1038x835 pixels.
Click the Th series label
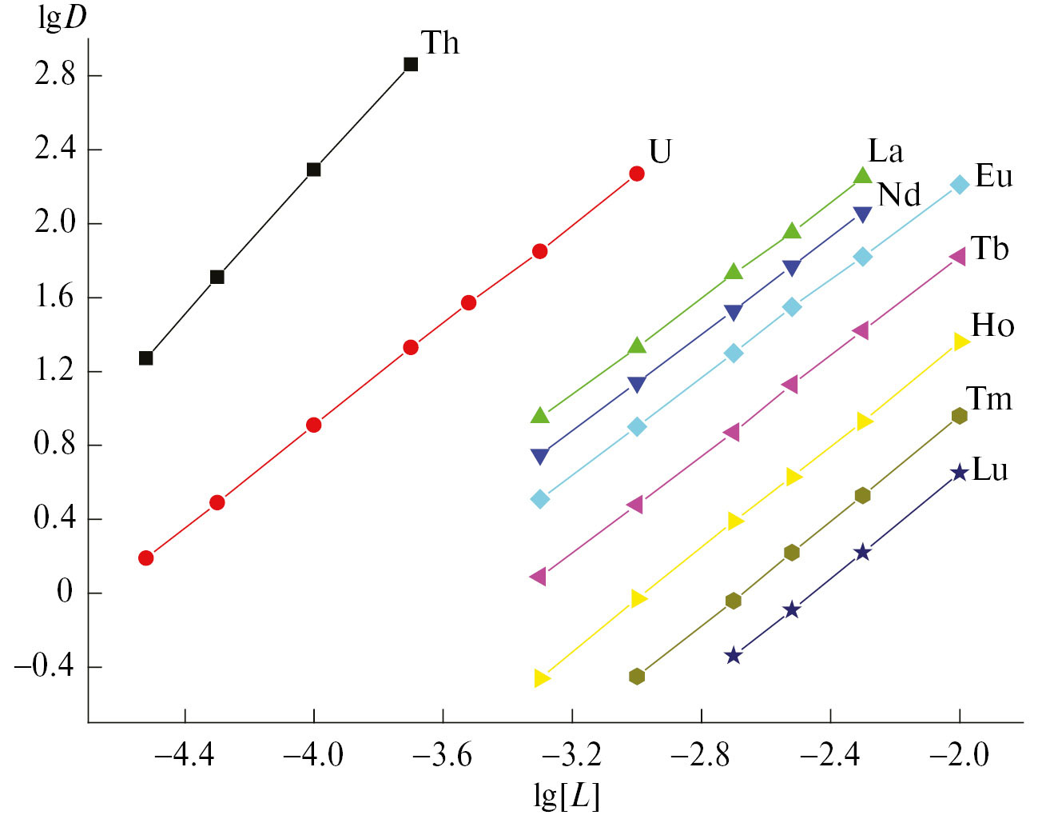(x=439, y=43)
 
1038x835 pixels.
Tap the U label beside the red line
(x=660, y=151)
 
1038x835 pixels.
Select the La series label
(x=885, y=151)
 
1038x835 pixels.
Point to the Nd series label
(x=899, y=194)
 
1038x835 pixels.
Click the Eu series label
(x=994, y=176)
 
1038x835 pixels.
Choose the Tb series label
(x=990, y=249)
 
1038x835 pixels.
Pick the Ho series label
(x=992, y=326)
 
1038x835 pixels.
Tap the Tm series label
(x=989, y=398)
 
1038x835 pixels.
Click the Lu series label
(x=990, y=469)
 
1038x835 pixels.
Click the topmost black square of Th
(x=411, y=65)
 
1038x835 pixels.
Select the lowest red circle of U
(x=145, y=557)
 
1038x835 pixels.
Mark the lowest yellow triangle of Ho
(x=542, y=678)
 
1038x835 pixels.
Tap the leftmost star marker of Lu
(x=734, y=656)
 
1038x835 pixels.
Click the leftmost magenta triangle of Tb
(x=538, y=577)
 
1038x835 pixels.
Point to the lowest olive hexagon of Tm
(x=637, y=677)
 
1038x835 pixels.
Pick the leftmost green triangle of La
(x=540, y=415)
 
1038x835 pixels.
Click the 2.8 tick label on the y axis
(x=54, y=75)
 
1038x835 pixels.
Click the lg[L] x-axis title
(x=567, y=796)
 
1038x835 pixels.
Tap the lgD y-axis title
(x=63, y=18)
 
